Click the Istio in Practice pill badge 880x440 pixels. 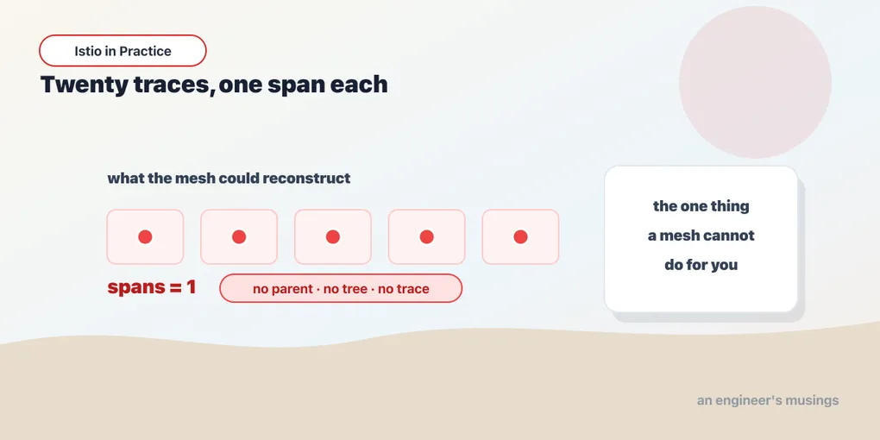[x=123, y=51]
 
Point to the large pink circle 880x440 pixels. [x=755, y=82]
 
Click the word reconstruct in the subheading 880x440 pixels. [x=306, y=179]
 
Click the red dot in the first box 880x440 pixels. [x=145, y=237]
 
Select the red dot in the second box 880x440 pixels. [x=239, y=237]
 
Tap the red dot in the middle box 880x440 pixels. [x=333, y=237]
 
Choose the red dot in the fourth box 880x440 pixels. [x=426, y=237]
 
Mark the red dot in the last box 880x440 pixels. [x=520, y=237]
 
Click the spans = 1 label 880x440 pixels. [x=152, y=287]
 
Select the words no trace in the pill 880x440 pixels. [x=404, y=289]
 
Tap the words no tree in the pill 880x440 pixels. [x=345, y=289]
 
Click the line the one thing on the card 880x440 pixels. [x=701, y=206]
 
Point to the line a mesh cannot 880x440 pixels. [x=701, y=236]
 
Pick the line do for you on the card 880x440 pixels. [x=701, y=264]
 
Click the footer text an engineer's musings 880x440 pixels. [x=768, y=400]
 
